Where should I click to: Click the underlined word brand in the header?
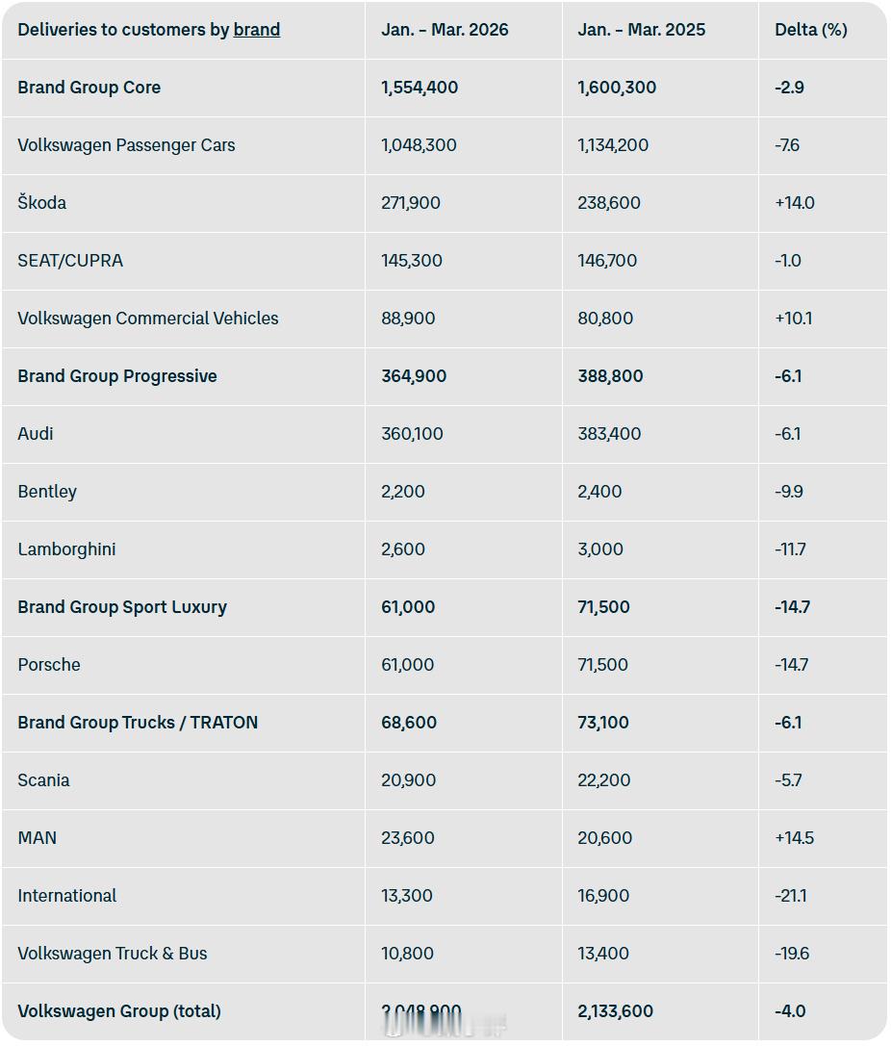[x=257, y=30]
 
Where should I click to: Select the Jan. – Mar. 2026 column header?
[x=445, y=30]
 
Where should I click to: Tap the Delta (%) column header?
[x=810, y=30]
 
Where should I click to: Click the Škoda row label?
[x=41, y=203]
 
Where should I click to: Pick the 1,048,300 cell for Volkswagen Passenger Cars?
[x=419, y=145]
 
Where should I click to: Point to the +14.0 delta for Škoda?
[x=794, y=203]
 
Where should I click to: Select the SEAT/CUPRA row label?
[x=70, y=261]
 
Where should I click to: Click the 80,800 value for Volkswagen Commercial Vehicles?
[x=605, y=319]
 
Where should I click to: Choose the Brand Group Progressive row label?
[x=117, y=376]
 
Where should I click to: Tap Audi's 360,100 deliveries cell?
[x=412, y=434]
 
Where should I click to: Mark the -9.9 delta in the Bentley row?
[x=788, y=492]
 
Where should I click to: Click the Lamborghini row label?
[x=66, y=549]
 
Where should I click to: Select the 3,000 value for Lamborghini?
[x=600, y=549]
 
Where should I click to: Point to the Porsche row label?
[x=49, y=665]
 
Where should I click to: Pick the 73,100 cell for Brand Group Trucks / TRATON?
[x=603, y=723]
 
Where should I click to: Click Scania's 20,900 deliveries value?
[x=408, y=780]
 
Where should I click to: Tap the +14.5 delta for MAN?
[x=794, y=838]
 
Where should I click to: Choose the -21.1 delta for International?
[x=790, y=896]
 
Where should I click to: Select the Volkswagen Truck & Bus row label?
[x=113, y=954]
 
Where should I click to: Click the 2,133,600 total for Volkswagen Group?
[x=615, y=1011]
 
